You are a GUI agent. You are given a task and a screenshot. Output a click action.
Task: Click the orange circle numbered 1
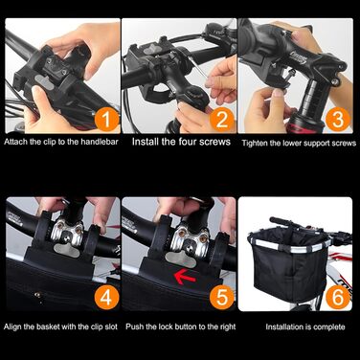click(106, 120)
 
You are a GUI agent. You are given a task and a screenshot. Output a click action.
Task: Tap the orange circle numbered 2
click(222, 120)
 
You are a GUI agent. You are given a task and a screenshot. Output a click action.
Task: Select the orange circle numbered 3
click(337, 120)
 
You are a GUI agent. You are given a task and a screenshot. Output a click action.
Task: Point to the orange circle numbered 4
click(106, 297)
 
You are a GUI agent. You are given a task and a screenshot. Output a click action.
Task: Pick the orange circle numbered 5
click(222, 297)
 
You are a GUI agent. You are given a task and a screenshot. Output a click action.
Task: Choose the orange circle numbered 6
click(337, 297)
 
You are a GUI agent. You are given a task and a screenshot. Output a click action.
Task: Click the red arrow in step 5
click(185, 277)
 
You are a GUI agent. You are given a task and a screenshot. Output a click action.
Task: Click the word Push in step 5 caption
click(134, 326)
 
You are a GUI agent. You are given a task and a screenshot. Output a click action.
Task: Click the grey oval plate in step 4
click(67, 250)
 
